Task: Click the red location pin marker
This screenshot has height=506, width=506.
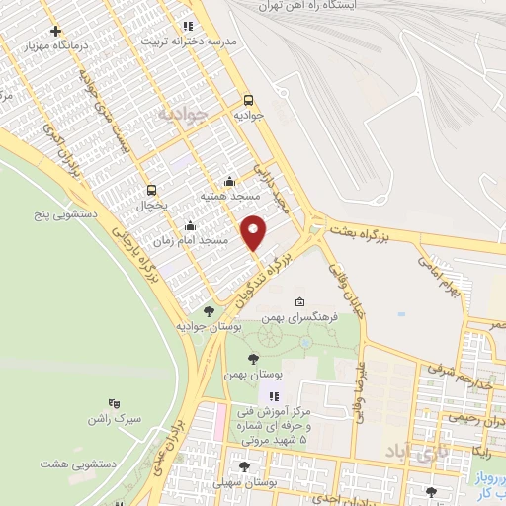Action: tap(255, 232)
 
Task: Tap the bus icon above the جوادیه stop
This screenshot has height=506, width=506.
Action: tap(247, 100)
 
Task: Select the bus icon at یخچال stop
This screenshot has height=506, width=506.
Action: tap(150, 190)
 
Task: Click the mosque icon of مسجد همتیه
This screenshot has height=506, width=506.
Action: tap(230, 180)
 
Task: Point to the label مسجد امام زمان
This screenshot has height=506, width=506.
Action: tap(192, 240)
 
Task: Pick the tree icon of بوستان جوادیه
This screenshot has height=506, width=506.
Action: tap(207, 310)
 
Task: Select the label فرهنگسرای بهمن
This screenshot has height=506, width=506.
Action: tap(300, 318)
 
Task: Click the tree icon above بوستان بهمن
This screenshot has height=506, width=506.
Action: tap(253, 359)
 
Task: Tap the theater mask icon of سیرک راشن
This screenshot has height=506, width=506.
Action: tap(114, 403)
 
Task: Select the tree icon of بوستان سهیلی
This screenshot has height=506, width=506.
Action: tap(244, 467)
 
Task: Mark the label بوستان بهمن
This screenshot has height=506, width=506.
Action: tap(253, 376)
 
